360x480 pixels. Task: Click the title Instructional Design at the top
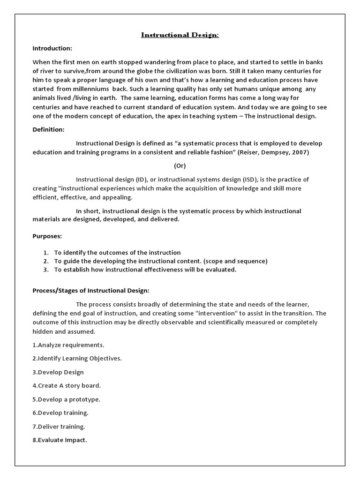180,35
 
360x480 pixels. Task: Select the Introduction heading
52,48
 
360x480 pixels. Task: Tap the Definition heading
48,129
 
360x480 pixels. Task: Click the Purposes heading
47,237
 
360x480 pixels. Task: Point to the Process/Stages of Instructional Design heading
91,290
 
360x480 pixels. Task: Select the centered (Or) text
180,166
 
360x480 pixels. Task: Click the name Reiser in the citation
250,152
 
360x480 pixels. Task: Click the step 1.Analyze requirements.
68,345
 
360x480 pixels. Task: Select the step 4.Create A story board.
67,386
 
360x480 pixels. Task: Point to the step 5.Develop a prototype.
67,399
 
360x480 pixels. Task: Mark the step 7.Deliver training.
59,427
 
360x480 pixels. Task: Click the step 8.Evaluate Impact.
60,440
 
